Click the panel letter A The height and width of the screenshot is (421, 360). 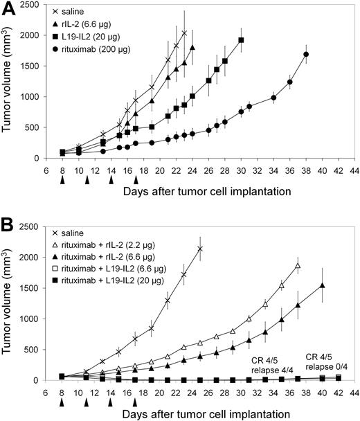[10, 10]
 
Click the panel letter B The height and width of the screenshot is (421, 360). [10, 226]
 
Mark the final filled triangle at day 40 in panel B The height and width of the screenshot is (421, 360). [323, 285]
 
